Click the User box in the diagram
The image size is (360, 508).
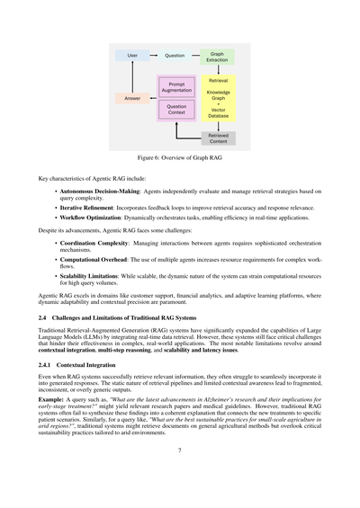132,56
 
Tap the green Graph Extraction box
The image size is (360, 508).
218,56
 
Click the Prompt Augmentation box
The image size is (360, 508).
177,88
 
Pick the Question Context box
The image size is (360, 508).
177,109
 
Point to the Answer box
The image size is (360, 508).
132,99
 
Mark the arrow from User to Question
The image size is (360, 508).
154,56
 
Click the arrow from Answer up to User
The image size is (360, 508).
132,77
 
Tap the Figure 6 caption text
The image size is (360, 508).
180,156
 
